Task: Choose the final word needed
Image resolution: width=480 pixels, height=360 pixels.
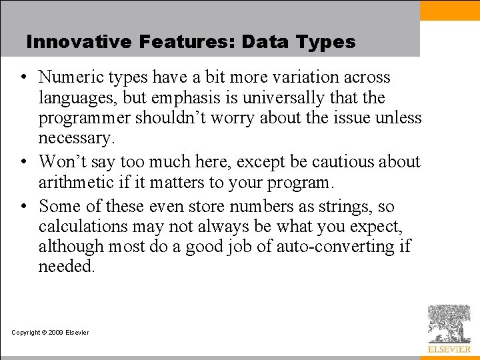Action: click(66, 267)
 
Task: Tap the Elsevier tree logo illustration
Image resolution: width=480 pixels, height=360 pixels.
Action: click(449, 324)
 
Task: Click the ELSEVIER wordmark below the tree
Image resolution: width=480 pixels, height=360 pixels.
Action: click(449, 349)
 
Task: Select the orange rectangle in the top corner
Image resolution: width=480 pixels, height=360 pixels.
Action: click(449, 10)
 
